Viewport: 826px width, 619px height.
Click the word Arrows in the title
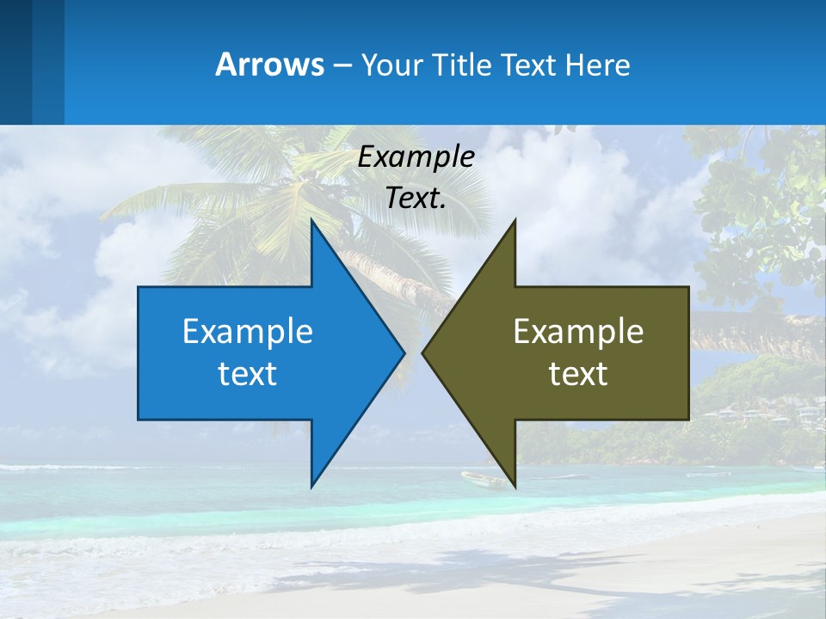(x=269, y=64)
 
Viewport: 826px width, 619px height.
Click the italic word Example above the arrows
(x=416, y=156)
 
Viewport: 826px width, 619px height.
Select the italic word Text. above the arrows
(x=416, y=198)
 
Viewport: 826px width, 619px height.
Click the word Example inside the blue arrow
(x=247, y=331)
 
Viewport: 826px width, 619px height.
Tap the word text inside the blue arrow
(x=247, y=374)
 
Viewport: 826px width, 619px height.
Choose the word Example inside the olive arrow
(x=578, y=331)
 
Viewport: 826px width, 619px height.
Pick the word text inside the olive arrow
(x=578, y=374)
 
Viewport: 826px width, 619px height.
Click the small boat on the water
(x=484, y=479)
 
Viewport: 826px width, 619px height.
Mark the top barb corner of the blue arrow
(x=312, y=220)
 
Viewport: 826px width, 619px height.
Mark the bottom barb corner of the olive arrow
(x=515, y=487)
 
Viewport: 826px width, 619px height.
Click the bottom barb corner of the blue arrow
(x=312, y=486)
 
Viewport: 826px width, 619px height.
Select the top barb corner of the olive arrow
(x=515, y=221)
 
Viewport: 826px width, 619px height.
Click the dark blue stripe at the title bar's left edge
(x=15, y=64)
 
